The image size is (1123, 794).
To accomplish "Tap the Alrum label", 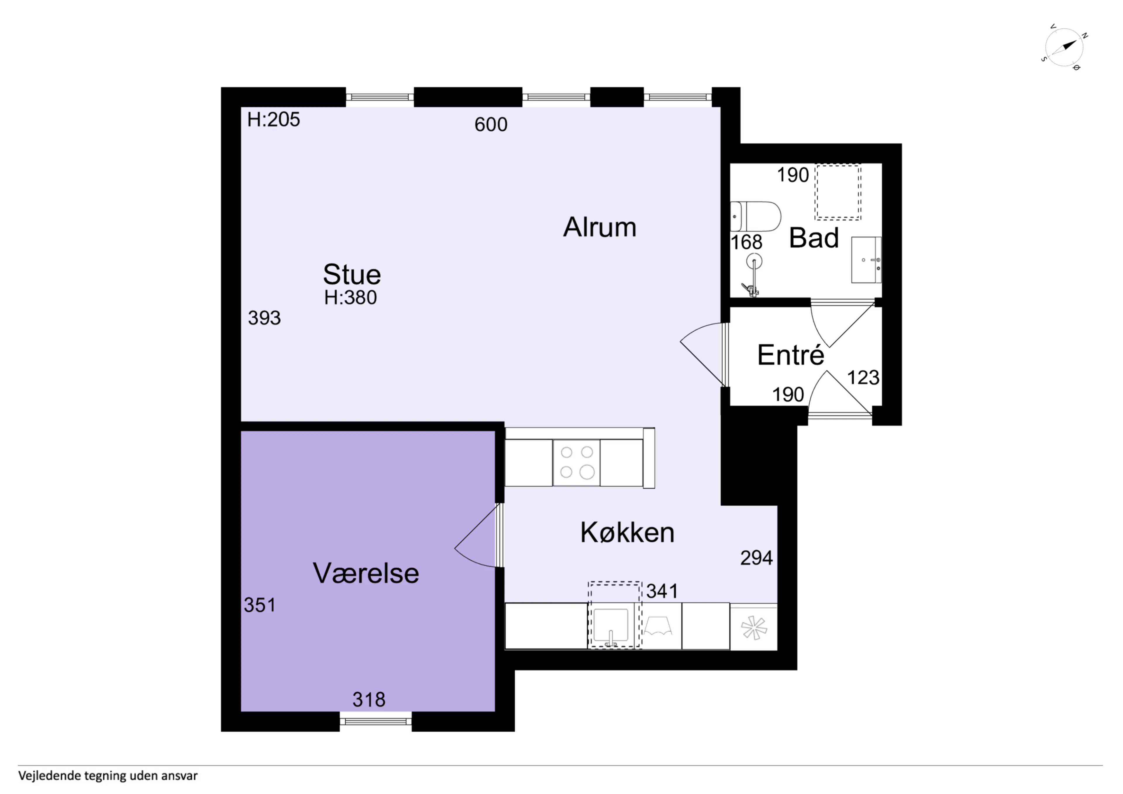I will (x=600, y=228).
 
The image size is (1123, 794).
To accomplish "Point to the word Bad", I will (x=814, y=238).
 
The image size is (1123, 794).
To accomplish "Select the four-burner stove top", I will (x=577, y=462).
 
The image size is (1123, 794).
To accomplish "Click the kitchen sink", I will (x=611, y=626).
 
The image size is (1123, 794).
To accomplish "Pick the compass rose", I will (x=1064, y=47).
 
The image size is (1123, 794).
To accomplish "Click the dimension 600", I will (x=490, y=125).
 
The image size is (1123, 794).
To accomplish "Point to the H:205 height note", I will (x=273, y=119).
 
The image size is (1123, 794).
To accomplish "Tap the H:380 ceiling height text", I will (x=350, y=297).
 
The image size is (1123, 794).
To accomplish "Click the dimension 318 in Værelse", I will (x=369, y=700).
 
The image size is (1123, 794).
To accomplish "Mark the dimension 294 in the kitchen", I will (x=756, y=558).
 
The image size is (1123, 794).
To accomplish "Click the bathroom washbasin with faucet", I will (x=866, y=260).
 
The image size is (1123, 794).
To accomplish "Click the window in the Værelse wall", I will (x=376, y=721).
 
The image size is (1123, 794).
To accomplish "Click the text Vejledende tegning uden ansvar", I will (x=108, y=775).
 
